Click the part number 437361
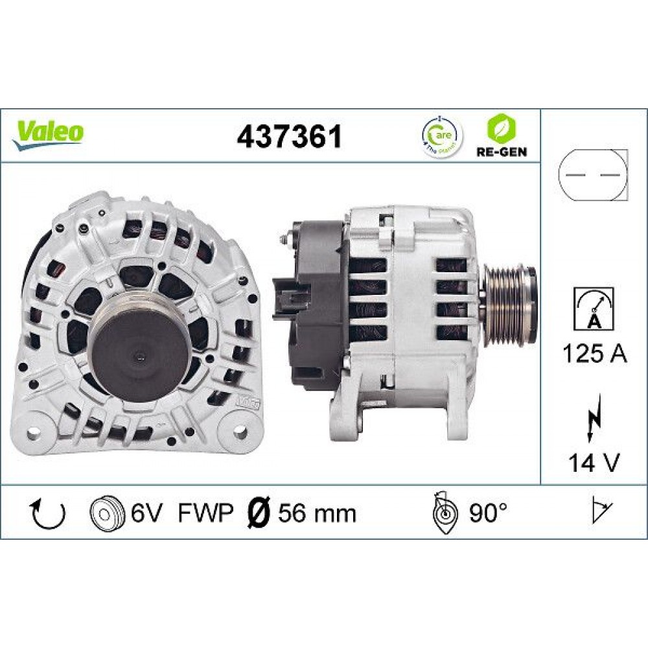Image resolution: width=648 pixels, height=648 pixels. point(289,137)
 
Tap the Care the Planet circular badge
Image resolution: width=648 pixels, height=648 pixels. point(443,136)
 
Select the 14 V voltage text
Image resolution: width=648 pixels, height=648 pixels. point(594,463)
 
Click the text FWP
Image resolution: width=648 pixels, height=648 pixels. point(205,513)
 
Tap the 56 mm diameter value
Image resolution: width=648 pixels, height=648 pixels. point(317,513)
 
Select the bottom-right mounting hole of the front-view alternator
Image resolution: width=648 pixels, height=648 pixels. point(240,430)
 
